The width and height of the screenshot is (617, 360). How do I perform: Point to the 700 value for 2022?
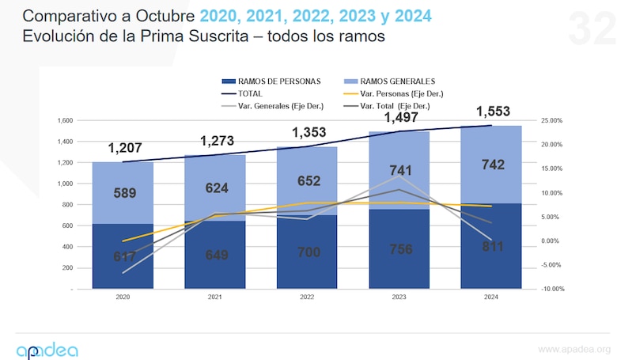[x=307, y=254]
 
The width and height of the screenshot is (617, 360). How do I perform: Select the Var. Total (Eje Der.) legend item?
[x=394, y=105]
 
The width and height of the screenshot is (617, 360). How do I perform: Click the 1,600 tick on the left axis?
[x=64, y=120]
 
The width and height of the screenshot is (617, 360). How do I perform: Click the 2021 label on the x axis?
[x=214, y=298]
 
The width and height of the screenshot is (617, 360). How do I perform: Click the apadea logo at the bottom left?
[x=47, y=349]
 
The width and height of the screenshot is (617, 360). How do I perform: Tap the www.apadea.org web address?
[x=573, y=349]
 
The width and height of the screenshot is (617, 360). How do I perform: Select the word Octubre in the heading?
[x=166, y=16]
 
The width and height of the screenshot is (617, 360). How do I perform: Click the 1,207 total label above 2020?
[x=123, y=148]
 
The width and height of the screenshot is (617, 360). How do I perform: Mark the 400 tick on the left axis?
[x=67, y=247]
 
